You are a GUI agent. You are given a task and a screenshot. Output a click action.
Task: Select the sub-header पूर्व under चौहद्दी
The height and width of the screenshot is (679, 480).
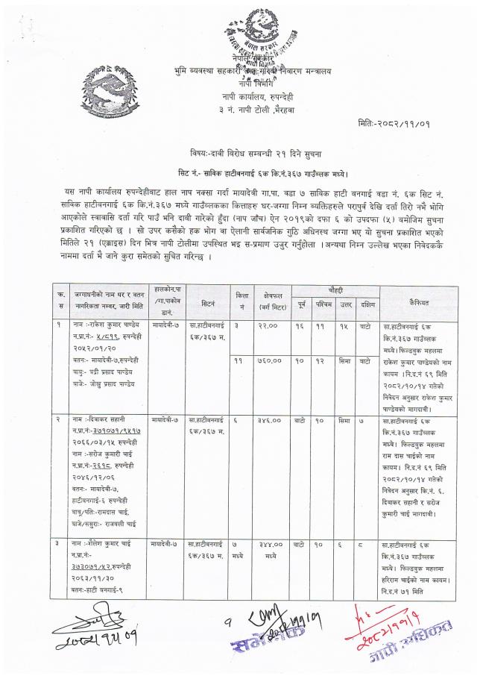300,304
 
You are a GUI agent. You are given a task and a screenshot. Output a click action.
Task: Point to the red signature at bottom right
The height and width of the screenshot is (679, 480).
391,635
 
